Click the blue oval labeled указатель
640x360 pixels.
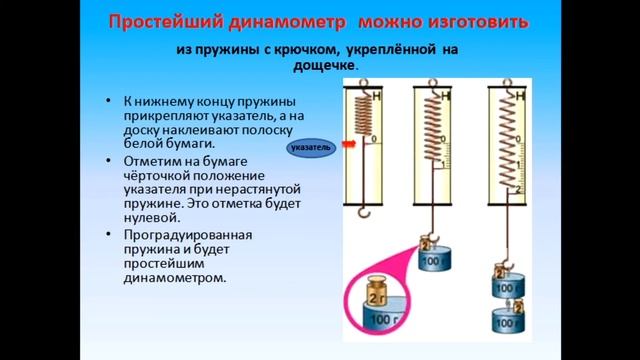pyautogui.click(x=309, y=148)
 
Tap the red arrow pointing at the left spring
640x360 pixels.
pyautogui.click(x=349, y=143)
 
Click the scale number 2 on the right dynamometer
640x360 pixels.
pyautogui.click(x=518, y=190)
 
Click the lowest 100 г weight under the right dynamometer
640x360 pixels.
pyautogui.click(x=509, y=322)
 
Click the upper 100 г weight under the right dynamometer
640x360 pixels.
pyautogui.click(x=509, y=288)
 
